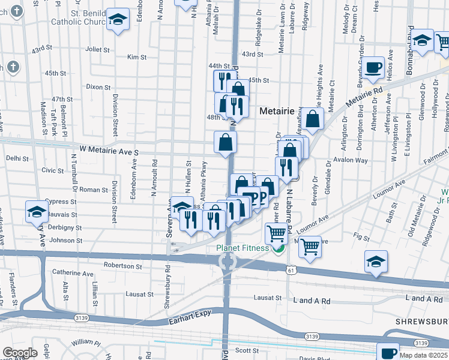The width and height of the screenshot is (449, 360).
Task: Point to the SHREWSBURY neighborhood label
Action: pyautogui.click(x=422, y=322)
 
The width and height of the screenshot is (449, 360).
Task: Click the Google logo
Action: pyautogui.click(x=20, y=353)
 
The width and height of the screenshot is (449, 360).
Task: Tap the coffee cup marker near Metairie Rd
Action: pyautogui.click(x=374, y=68)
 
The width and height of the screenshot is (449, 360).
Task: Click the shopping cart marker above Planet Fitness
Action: pyautogui.click(x=277, y=233)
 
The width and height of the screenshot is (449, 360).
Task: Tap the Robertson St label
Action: pyautogui.click(x=122, y=265)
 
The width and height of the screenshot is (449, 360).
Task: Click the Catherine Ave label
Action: pyautogui.click(x=73, y=273)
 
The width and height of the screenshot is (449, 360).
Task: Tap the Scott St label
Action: pyautogui.click(x=246, y=350)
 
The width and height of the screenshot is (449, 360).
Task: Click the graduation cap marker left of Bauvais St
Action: pyautogui.click(x=37, y=211)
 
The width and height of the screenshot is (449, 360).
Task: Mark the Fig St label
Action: pyautogui.click(x=361, y=238)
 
